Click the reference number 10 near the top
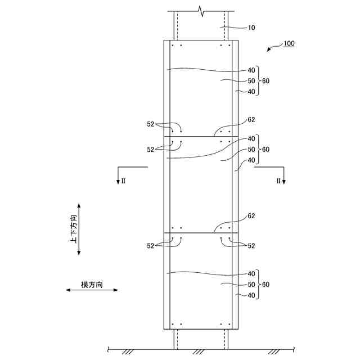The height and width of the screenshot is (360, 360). [251, 28]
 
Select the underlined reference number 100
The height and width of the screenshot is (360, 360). [289, 43]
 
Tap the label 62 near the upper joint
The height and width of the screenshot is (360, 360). [251, 120]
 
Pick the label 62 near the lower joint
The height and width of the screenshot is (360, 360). [251, 216]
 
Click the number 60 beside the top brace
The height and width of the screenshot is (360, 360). [265, 81]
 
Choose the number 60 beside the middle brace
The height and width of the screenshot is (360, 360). [265, 150]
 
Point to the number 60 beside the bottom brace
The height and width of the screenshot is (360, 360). [265, 285]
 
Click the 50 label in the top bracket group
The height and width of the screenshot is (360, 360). [251, 81]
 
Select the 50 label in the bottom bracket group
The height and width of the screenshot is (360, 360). [251, 285]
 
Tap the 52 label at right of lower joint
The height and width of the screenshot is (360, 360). [251, 246]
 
